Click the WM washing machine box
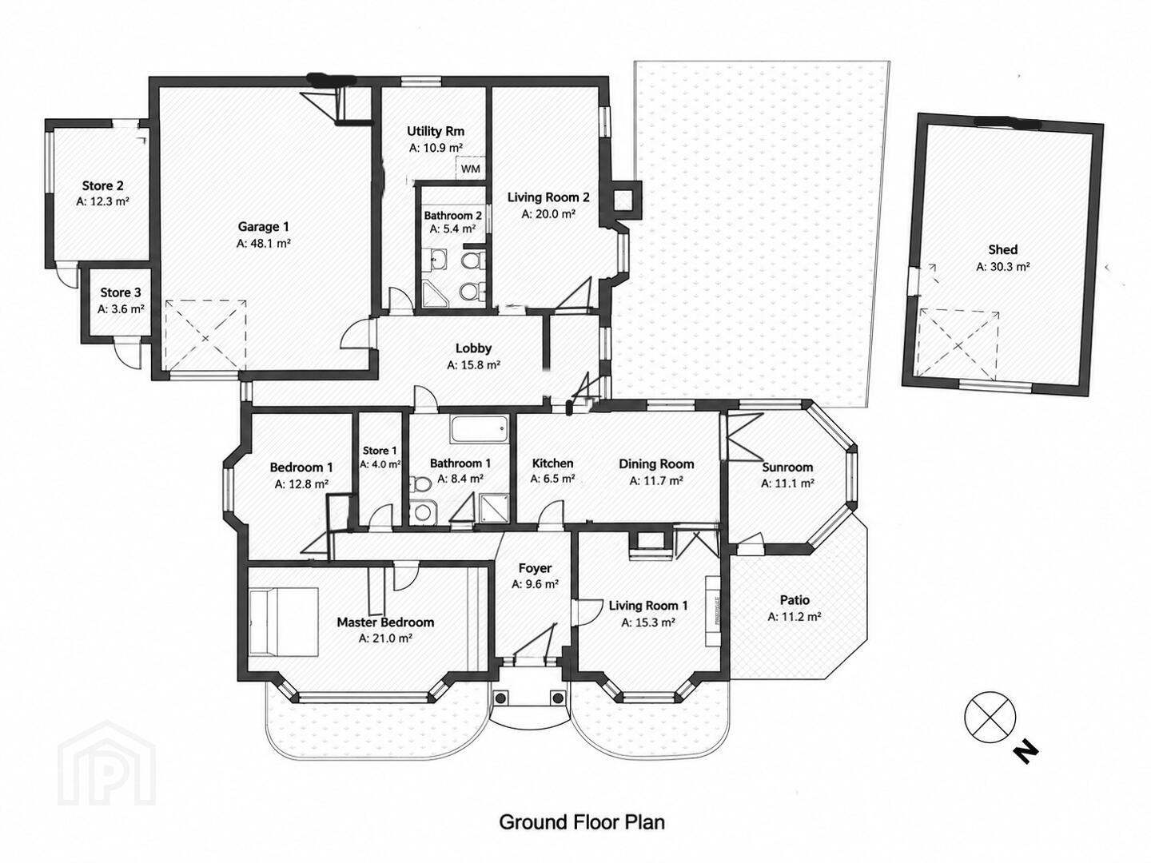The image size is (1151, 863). tap(470, 168)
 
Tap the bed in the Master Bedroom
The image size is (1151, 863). tap(284, 622)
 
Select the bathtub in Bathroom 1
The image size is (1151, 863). tap(479, 430)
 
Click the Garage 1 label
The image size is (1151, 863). tap(263, 227)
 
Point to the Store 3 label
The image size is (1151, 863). tap(121, 292)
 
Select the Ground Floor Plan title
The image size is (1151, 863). tap(582, 822)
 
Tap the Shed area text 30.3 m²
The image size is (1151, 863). tap(1002, 267)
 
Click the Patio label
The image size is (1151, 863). tap(795, 600)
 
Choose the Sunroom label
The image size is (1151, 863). tap(787, 467)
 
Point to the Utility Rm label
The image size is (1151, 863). tap(436, 131)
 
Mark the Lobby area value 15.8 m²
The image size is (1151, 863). tap(473, 365)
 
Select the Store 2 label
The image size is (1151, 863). tap(103, 185)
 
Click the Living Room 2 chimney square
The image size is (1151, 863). tap(623, 200)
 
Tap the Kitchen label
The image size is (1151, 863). tap(552, 463)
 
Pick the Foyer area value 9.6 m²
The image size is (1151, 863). tap(535, 583)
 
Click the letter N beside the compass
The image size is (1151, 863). tap(1026, 752)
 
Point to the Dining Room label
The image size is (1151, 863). tap(656, 463)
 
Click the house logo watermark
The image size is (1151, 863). tap(107, 763)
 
